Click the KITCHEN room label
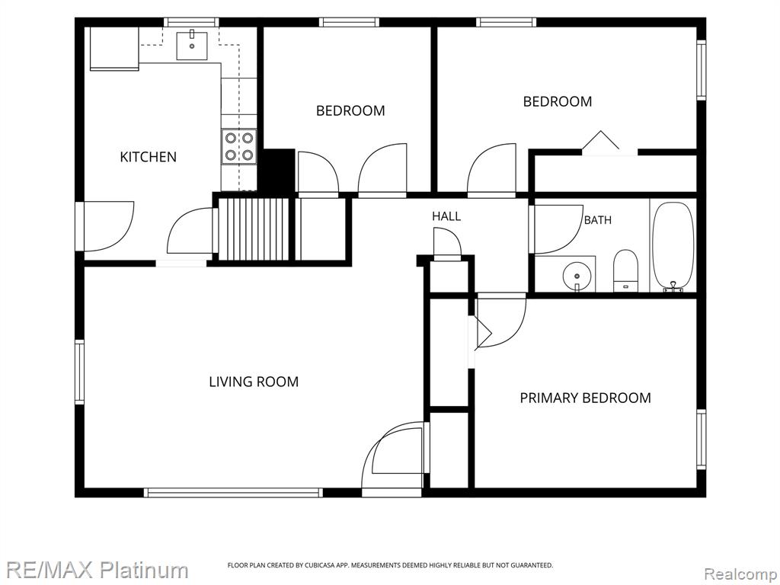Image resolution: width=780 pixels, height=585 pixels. (149, 157)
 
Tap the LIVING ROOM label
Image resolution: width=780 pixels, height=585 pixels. (254, 382)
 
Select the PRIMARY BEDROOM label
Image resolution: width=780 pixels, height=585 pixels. (586, 398)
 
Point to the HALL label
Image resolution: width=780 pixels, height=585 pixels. (446, 216)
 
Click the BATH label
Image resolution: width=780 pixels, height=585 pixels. (597, 220)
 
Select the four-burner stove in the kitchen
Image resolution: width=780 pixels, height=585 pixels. (239, 147)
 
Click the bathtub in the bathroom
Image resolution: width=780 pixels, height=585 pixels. (673, 246)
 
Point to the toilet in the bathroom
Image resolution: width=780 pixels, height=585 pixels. (626, 270)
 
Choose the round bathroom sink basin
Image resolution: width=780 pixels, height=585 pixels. (577, 275)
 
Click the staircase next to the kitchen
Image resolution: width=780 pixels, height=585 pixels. (254, 229)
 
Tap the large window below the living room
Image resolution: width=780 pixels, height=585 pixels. (233, 493)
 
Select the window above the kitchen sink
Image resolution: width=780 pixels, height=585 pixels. (191, 22)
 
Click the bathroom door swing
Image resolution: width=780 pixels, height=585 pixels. (558, 229)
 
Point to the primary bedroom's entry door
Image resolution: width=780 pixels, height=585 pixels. (500, 320)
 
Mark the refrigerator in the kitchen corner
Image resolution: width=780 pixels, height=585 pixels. (114, 49)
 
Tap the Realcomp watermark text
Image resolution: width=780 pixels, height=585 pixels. (740, 574)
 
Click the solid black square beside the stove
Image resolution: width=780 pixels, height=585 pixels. (277, 170)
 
